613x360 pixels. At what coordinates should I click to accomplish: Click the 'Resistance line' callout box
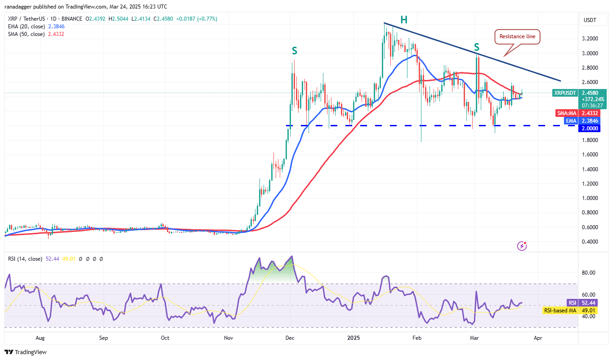(x=518, y=37)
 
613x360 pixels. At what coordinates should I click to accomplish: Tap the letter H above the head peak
(x=404, y=19)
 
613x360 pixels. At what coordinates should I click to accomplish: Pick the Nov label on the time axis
(x=228, y=337)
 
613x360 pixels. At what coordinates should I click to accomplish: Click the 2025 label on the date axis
(x=353, y=337)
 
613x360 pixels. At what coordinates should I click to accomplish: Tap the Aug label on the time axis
(x=40, y=337)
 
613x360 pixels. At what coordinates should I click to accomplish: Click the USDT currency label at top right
(x=590, y=20)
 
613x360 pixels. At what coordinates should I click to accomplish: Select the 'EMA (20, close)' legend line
(x=26, y=26)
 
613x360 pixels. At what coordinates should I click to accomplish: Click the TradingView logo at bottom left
(x=26, y=352)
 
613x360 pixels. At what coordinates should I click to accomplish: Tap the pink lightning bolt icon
(x=522, y=245)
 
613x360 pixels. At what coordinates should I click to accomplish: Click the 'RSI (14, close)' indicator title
(x=25, y=259)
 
